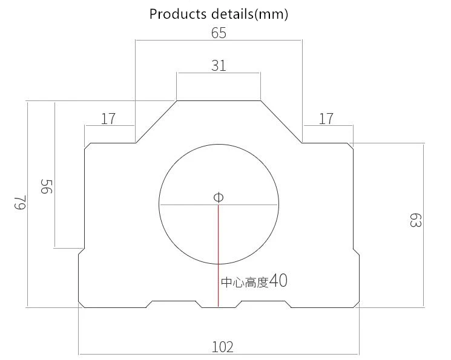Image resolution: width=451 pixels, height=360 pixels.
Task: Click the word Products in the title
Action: click(x=178, y=14)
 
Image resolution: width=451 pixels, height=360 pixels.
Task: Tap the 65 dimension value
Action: click(x=219, y=33)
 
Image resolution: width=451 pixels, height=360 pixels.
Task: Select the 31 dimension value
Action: click(x=219, y=65)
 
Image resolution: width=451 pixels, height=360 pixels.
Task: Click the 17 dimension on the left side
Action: click(x=108, y=119)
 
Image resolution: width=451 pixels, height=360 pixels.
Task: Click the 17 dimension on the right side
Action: click(x=326, y=119)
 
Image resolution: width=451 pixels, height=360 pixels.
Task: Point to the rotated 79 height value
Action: click(x=21, y=203)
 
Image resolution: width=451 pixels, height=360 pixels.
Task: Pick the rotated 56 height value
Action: click(x=47, y=186)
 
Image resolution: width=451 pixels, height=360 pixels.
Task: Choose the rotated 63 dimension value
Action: click(x=416, y=220)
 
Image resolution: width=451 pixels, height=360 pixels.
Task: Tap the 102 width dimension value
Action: click(x=222, y=347)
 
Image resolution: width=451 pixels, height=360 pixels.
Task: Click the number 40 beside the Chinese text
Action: click(x=278, y=280)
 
